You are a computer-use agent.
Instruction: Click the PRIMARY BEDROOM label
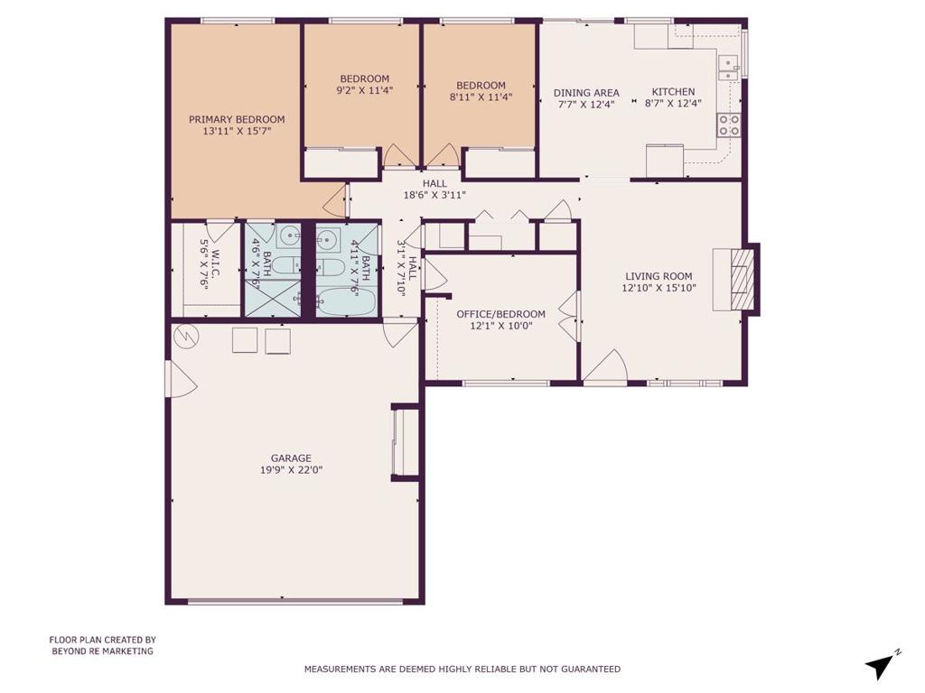tap(237, 120)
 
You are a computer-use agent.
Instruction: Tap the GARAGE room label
tap(291, 458)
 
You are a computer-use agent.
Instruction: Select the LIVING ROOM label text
tap(659, 276)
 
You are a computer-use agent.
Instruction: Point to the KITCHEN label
tap(673, 92)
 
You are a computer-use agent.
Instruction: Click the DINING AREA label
tap(586, 93)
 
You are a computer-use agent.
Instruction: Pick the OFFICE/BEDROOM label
tap(500, 314)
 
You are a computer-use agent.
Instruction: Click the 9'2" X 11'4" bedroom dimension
tap(365, 90)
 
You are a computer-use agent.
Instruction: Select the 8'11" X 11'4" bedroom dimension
tap(481, 97)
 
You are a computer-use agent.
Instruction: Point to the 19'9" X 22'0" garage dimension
tap(291, 470)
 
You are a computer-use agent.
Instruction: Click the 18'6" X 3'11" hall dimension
tap(434, 195)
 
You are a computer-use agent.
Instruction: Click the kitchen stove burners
tap(729, 125)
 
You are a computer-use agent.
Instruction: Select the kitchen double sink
tap(729, 68)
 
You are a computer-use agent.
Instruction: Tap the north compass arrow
tap(880, 665)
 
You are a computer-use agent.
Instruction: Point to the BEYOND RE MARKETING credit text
tap(103, 651)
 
